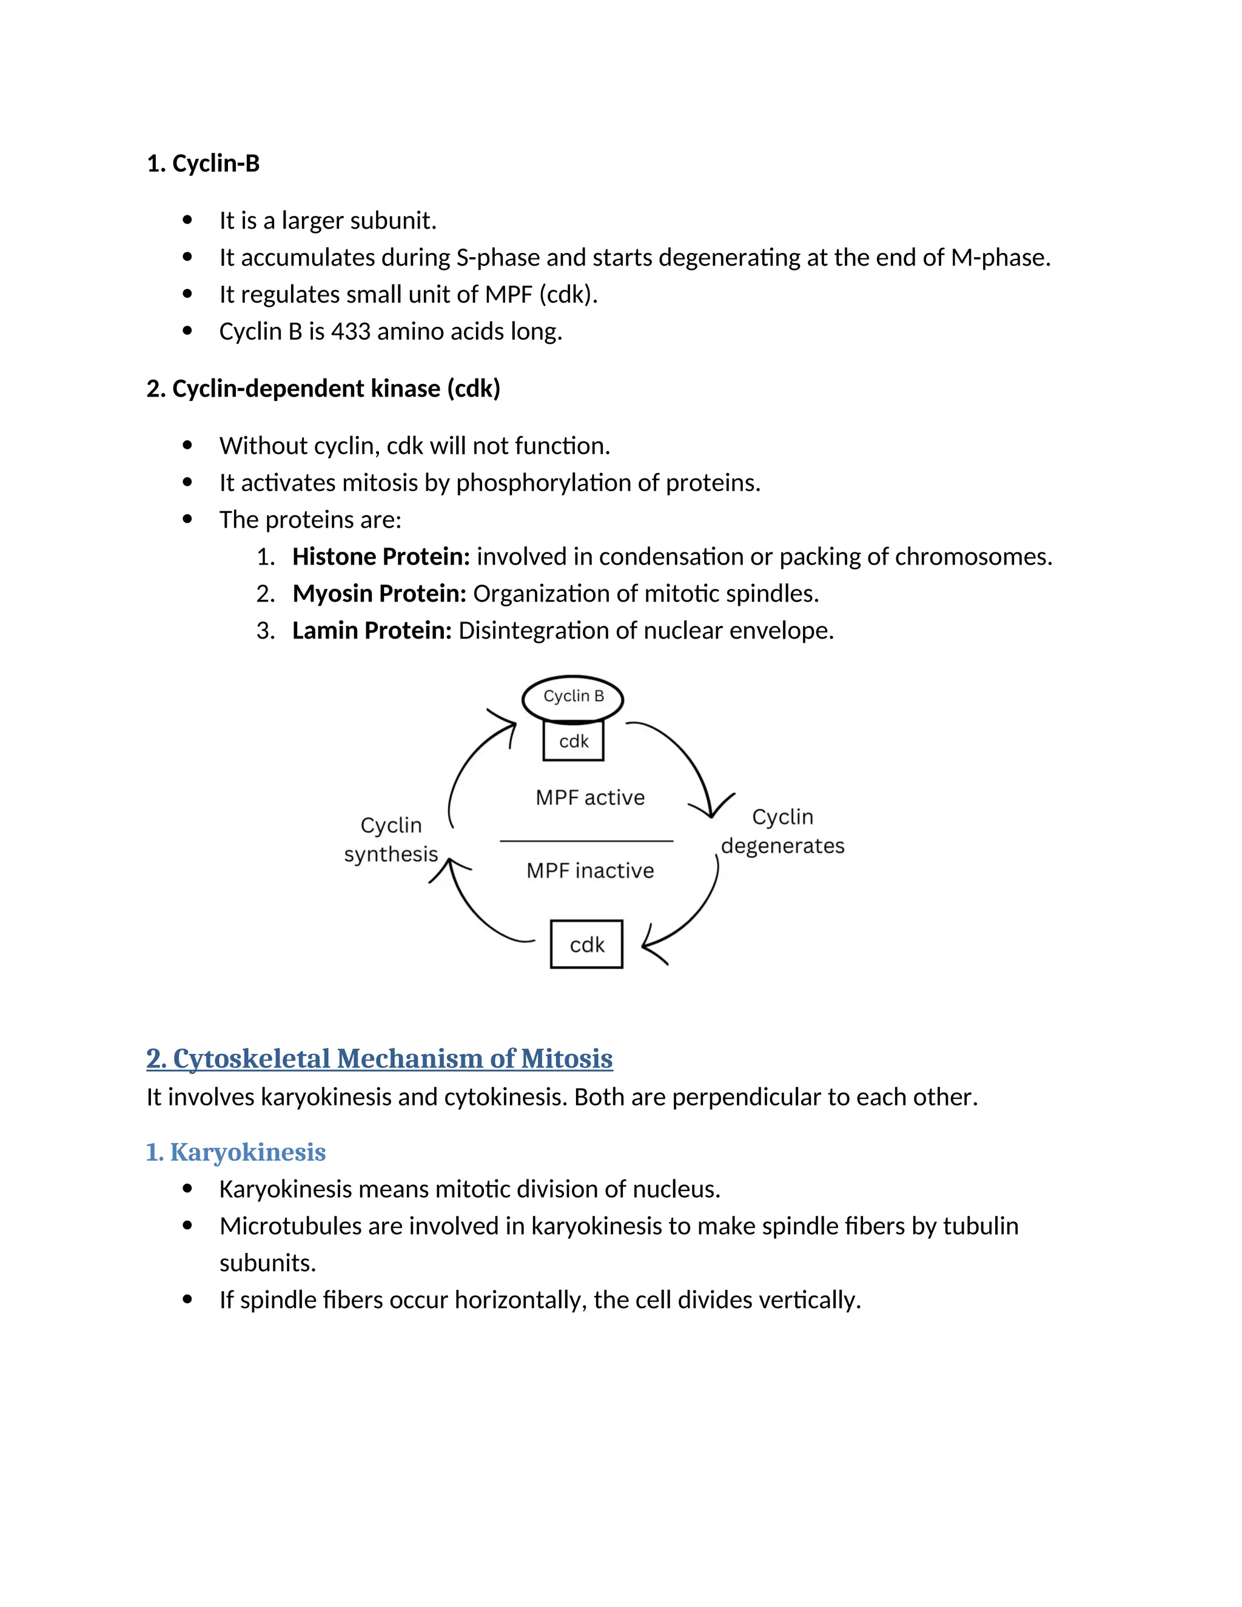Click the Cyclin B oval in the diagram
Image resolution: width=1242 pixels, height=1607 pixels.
(x=572, y=697)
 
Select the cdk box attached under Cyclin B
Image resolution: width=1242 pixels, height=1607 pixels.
(x=573, y=741)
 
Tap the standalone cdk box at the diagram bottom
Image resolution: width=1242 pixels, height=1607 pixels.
(x=586, y=944)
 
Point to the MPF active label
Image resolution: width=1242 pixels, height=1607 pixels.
(x=589, y=797)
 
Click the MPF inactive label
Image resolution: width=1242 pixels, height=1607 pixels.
(x=589, y=870)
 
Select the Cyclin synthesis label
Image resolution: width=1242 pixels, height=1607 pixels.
(x=391, y=839)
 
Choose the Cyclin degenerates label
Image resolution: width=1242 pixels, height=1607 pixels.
(x=782, y=831)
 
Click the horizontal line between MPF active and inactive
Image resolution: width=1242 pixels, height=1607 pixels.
(x=586, y=840)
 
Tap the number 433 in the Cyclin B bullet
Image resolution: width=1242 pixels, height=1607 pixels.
(x=351, y=332)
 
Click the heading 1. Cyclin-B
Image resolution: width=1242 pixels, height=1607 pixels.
(x=203, y=163)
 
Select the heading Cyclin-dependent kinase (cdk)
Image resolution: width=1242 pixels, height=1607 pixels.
(x=323, y=389)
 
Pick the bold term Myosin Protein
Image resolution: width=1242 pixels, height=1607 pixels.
(x=379, y=594)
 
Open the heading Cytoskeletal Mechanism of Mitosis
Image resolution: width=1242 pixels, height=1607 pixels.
(x=379, y=1059)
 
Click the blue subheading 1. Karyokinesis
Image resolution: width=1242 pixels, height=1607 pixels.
(x=235, y=1152)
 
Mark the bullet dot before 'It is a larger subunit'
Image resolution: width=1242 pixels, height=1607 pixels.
(x=187, y=220)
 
